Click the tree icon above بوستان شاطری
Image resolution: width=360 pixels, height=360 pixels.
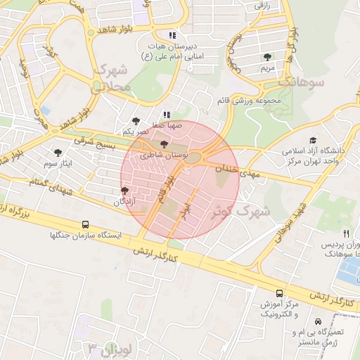pos(164,144)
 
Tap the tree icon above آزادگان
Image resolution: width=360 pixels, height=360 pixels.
pos(124,191)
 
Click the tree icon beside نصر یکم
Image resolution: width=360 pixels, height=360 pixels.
pos(135,121)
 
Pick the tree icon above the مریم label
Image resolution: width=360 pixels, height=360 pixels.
pos(266,57)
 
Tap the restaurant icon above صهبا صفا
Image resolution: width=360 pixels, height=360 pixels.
pos(167,115)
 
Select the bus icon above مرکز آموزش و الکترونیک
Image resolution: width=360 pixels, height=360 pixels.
pos(281,292)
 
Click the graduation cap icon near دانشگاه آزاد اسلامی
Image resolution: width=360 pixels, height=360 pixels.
pos(312,140)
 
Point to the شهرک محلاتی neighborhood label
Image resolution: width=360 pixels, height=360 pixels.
pos(111,78)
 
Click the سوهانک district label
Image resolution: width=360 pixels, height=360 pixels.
pos(301,82)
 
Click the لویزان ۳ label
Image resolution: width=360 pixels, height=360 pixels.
pos(106,348)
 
